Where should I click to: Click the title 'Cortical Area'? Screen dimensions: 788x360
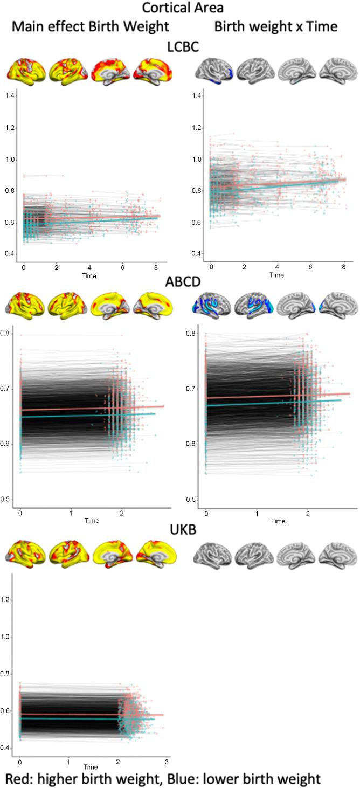tap(179, 8)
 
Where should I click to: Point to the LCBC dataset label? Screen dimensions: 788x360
tap(180, 47)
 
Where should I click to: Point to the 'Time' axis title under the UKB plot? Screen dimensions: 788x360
tap(90, 767)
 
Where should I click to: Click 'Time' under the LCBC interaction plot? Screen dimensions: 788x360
tap(276, 274)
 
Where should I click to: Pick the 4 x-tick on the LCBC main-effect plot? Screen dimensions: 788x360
tap(89, 267)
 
